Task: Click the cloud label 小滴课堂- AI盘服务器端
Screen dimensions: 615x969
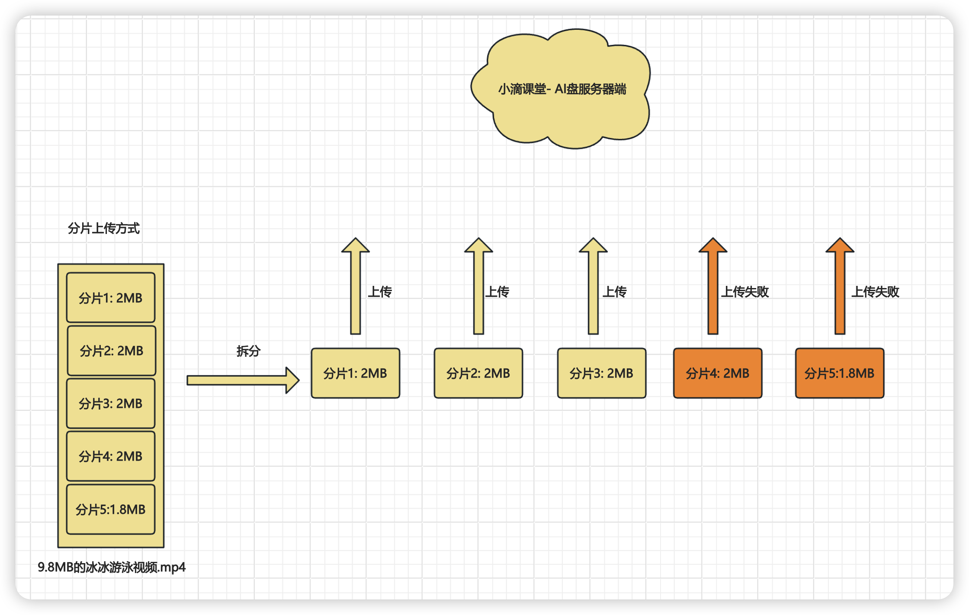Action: tap(562, 89)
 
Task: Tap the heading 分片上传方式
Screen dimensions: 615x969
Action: tap(104, 228)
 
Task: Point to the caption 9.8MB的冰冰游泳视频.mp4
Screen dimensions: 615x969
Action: tap(112, 567)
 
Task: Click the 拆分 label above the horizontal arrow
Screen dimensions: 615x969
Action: tap(248, 351)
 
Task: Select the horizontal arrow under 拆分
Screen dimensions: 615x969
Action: tap(242, 380)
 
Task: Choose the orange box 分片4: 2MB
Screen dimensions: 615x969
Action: tap(717, 373)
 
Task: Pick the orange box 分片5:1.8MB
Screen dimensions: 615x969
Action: tap(839, 373)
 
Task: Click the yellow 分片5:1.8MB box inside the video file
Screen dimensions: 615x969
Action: tap(111, 509)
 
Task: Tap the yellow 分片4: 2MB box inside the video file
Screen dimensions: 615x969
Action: tap(111, 456)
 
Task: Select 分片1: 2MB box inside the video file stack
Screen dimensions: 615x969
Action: tap(111, 298)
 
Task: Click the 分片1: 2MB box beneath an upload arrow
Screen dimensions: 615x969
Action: tap(355, 373)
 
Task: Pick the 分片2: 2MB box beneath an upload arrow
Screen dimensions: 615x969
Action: tap(478, 373)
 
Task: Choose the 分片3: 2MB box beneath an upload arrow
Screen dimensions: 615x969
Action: tap(601, 373)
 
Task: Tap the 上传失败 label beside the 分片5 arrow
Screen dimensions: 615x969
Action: tap(875, 292)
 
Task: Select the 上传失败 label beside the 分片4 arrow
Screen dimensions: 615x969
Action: tap(745, 292)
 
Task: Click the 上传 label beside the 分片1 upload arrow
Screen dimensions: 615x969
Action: tap(380, 292)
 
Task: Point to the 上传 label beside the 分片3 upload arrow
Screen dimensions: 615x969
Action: tap(615, 292)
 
